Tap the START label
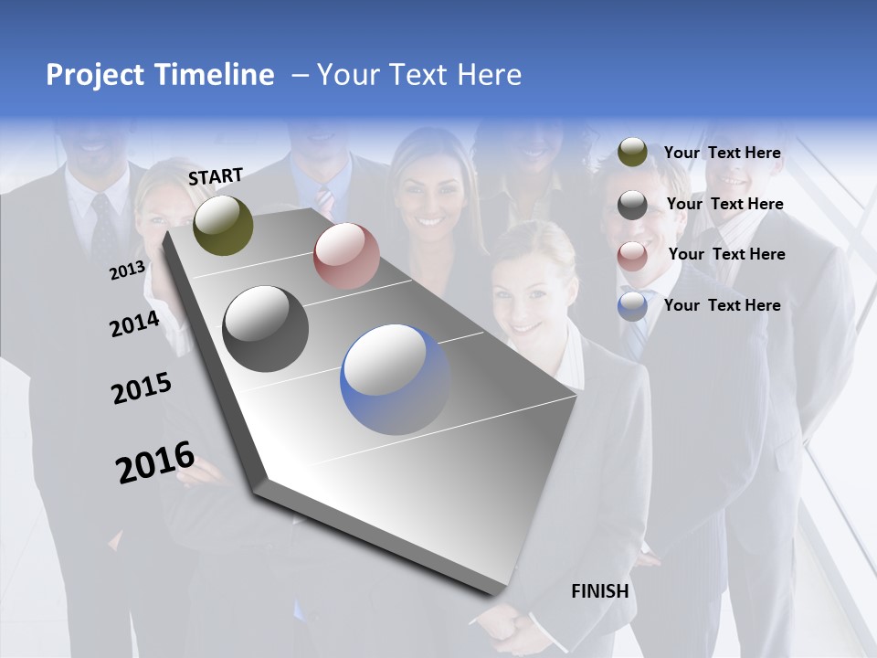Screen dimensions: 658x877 (216, 176)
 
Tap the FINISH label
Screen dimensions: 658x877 (600, 591)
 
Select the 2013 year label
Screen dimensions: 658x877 (127, 271)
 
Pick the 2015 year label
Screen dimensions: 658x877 (142, 388)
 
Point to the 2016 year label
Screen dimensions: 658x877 (155, 462)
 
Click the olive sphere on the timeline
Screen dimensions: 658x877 (223, 225)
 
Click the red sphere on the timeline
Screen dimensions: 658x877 (346, 256)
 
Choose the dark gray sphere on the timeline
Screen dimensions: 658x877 (266, 329)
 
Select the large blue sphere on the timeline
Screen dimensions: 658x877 (395, 379)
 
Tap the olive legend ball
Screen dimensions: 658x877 (632, 153)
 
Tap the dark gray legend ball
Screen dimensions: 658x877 (632, 205)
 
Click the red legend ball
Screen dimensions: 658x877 (632, 256)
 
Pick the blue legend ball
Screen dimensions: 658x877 (632, 306)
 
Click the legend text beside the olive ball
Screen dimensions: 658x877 (722, 153)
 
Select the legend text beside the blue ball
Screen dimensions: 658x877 (722, 305)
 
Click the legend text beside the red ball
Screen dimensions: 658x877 (726, 254)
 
